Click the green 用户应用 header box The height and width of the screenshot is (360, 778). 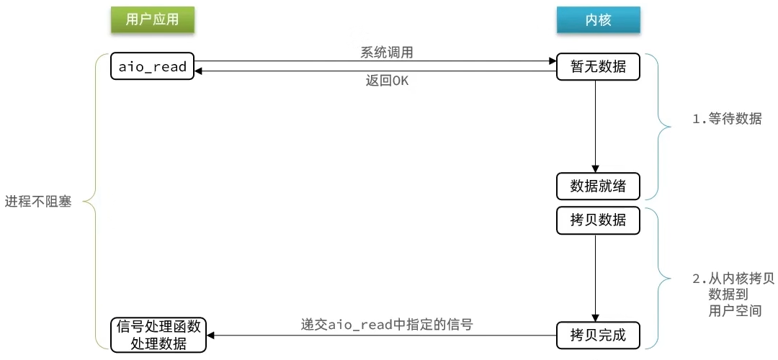coord(152,19)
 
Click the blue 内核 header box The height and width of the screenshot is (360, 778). coord(599,19)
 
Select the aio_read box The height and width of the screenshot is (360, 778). coord(152,66)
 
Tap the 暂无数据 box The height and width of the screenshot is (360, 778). coord(599,66)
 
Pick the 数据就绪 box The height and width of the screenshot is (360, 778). coord(599,186)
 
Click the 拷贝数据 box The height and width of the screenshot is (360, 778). coord(599,220)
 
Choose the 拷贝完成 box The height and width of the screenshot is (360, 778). coord(599,336)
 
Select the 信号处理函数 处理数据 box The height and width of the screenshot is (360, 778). coord(158,336)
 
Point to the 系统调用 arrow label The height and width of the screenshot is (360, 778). coord(387,53)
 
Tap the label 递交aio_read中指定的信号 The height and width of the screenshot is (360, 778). coord(387,325)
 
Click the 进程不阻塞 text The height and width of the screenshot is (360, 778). coord(38,202)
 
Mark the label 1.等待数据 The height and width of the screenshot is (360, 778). coord(727,120)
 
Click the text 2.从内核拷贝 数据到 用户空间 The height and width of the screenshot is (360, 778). coord(733,294)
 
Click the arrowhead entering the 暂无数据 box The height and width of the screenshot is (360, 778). coord(553,61)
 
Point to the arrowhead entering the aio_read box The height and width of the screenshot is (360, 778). coord(199,71)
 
